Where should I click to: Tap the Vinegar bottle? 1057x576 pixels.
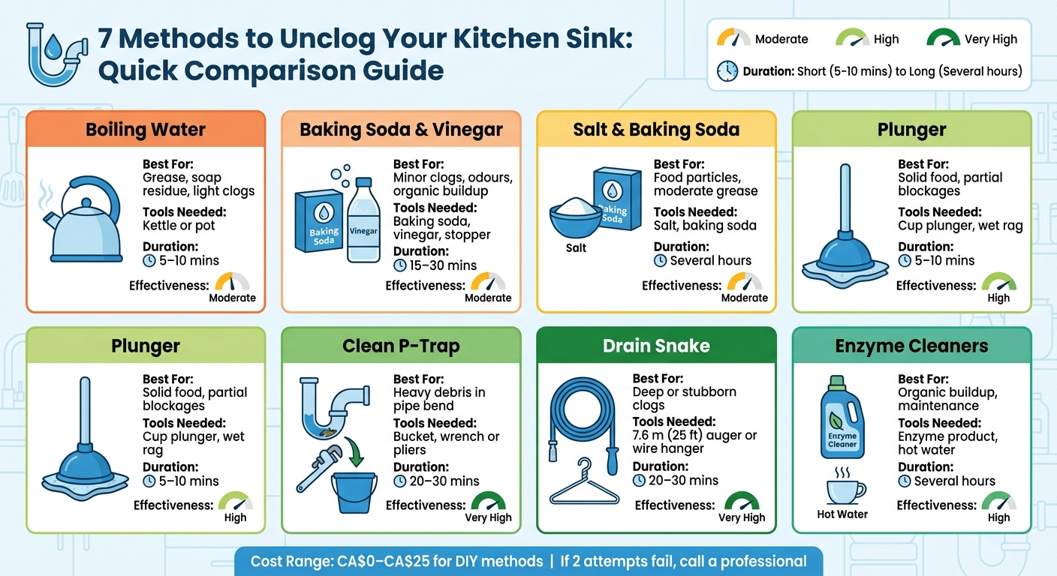[363, 220]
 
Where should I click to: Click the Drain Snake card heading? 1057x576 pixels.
[656, 346]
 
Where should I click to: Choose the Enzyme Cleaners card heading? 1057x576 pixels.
[911, 346]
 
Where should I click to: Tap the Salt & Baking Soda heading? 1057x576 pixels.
[656, 129]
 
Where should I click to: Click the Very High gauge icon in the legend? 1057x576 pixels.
[943, 38]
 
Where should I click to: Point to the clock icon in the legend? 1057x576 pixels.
[727, 71]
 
